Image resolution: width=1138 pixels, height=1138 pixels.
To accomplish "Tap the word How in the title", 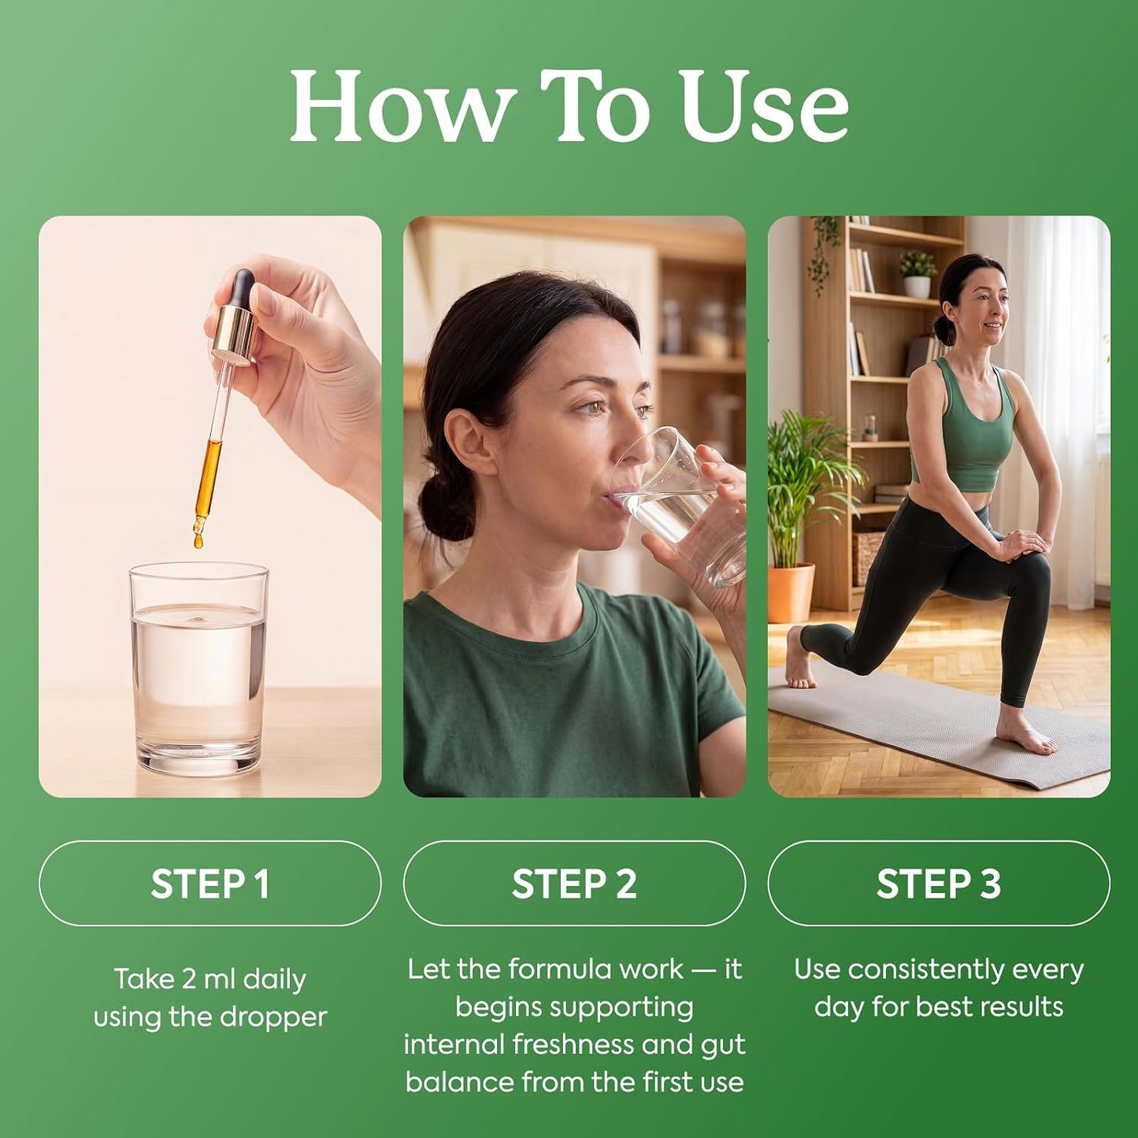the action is (x=399, y=106).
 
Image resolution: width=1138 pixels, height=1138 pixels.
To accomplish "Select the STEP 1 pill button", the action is (x=210, y=884).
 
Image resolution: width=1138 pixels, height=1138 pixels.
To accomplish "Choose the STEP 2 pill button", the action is (x=574, y=884).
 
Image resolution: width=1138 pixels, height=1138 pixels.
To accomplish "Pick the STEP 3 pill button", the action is (x=939, y=884).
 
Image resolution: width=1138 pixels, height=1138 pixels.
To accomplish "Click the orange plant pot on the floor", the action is (x=791, y=592).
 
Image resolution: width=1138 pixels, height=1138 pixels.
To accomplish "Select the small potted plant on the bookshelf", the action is (x=917, y=274).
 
